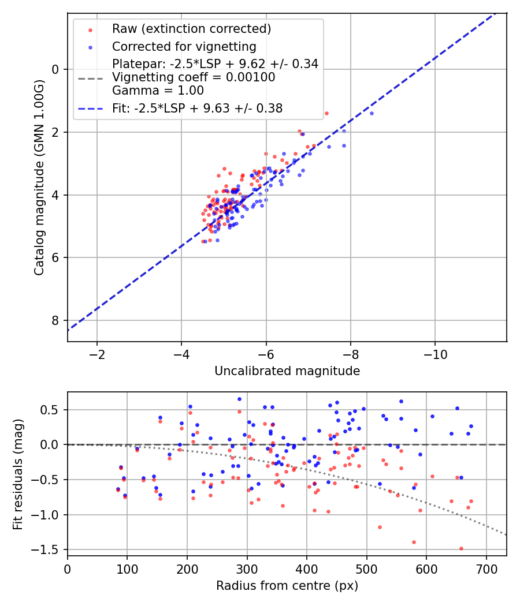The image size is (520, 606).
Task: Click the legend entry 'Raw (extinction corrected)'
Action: tap(191, 29)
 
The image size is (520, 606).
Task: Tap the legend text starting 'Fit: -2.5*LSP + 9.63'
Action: tap(197, 108)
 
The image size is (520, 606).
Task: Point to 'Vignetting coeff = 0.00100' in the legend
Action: tap(194, 77)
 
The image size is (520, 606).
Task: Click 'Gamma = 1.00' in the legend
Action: tap(158, 90)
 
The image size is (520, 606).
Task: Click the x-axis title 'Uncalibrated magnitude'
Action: tap(287, 371)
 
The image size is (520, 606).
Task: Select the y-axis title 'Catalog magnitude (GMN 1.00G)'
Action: tap(39, 177)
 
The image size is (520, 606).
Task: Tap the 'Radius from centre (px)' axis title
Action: tap(287, 586)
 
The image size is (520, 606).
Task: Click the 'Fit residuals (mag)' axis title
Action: tap(18, 474)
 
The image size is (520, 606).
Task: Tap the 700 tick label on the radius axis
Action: tap(486, 568)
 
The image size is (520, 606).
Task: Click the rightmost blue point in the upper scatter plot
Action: tap(372, 113)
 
